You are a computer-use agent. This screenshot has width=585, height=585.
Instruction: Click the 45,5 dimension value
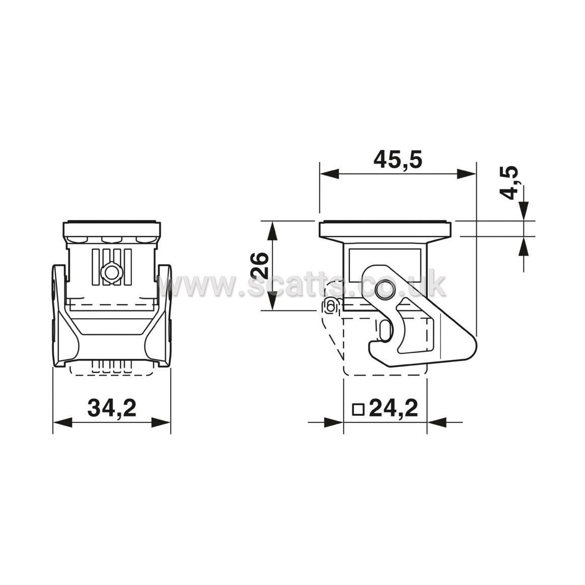[398, 160]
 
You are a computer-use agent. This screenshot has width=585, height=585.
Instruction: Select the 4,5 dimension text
[509, 182]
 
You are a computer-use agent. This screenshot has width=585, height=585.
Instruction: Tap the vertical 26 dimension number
[260, 265]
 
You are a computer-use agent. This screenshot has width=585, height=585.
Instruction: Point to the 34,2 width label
[112, 408]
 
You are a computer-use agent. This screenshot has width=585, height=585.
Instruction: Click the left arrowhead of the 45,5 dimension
[329, 174]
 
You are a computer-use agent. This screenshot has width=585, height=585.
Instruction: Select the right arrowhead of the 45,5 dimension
[466, 174]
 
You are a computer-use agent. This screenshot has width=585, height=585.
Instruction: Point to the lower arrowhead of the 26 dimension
[273, 301]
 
